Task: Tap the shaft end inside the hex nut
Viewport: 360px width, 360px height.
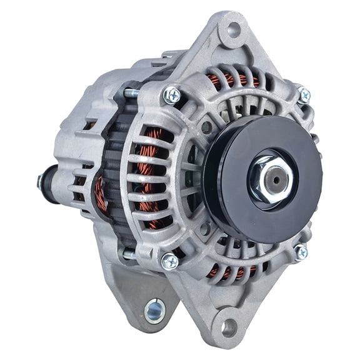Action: (274, 176)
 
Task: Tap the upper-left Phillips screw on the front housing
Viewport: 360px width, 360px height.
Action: (172, 95)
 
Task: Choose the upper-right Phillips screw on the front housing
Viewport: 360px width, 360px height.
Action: (304, 95)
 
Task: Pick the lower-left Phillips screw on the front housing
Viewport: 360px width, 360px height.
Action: (169, 261)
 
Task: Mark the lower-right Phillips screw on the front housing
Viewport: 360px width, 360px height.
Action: (301, 252)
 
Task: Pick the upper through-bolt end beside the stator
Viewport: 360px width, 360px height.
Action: (128, 93)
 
